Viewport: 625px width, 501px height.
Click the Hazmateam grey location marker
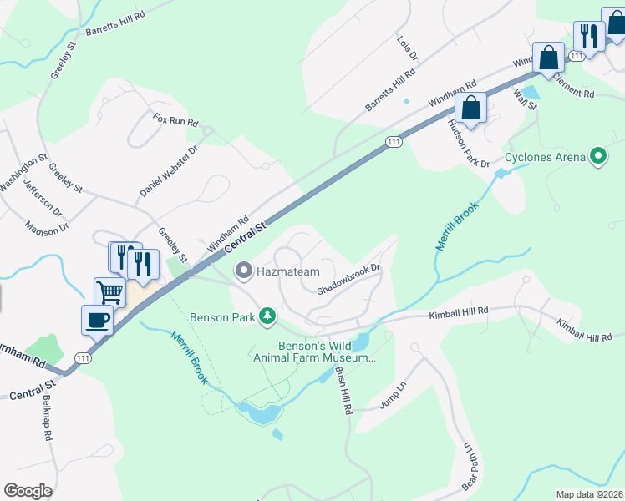[244, 270]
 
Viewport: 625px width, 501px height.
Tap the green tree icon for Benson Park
[267, 316]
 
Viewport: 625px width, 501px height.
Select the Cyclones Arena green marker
[597, 156]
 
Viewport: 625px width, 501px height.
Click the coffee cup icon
[97, 318]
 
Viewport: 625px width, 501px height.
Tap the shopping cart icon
[109, 292]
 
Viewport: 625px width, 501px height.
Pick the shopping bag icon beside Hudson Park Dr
[471, 109]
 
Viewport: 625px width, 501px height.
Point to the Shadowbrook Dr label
[349, 280]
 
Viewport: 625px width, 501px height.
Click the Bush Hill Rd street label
[343, 392]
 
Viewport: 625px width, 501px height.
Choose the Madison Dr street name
[46, 227]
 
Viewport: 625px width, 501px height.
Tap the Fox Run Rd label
[175, 121]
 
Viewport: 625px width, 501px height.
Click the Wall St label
[524, 101]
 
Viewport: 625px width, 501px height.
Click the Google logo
[28, 491]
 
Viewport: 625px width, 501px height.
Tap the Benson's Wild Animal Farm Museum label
[328, 351]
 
